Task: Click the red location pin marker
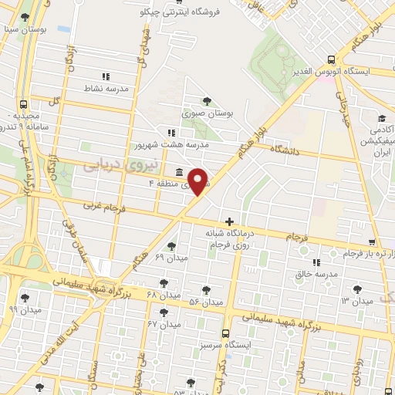197,180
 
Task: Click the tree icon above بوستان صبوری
206,101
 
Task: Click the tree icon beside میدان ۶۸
163,283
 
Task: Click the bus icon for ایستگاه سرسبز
225,334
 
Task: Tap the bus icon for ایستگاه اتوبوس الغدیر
331,59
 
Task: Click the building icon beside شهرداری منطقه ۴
180,171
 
